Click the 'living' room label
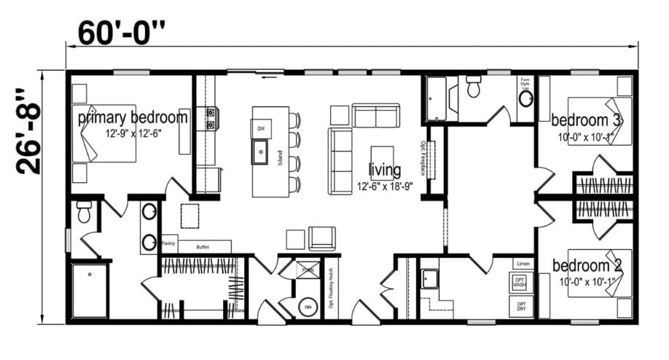pos(384,171)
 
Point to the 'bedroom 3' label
pos(586,120)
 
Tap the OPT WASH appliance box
pos(520,282)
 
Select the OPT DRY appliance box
pos(520,305)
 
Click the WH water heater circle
pos(308,307)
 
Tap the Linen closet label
pos(522,263)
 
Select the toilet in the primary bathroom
pos(84,213)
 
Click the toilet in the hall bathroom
pos(473,88)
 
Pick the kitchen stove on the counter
pos(211,113)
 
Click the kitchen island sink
pos(260,154)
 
